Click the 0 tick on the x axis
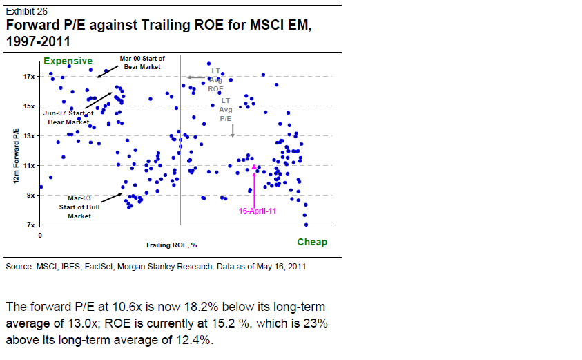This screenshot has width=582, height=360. (x=41, y=235)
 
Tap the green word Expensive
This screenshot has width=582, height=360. (x=68, y=61)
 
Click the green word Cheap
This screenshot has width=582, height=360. (x=312, y=242)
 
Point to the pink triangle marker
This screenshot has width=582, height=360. (x=254, y=167)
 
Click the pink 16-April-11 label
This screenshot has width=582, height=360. (x=258, y=211)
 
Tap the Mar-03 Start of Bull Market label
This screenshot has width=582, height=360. (x=79, y=207)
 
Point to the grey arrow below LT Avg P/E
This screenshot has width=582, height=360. (x=233, y=129)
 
